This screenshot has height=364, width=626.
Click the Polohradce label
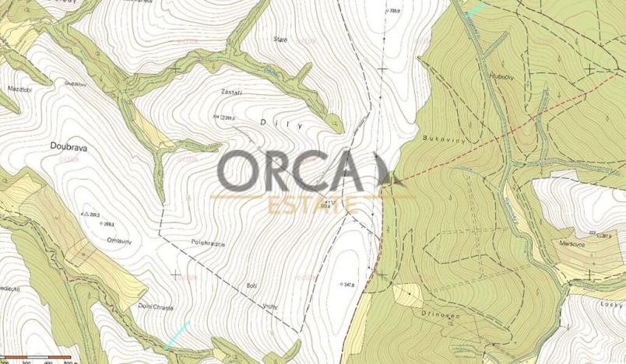207,243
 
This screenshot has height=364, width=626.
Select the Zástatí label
232,92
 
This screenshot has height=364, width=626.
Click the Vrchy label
269,306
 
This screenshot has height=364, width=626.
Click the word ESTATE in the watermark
311,205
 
